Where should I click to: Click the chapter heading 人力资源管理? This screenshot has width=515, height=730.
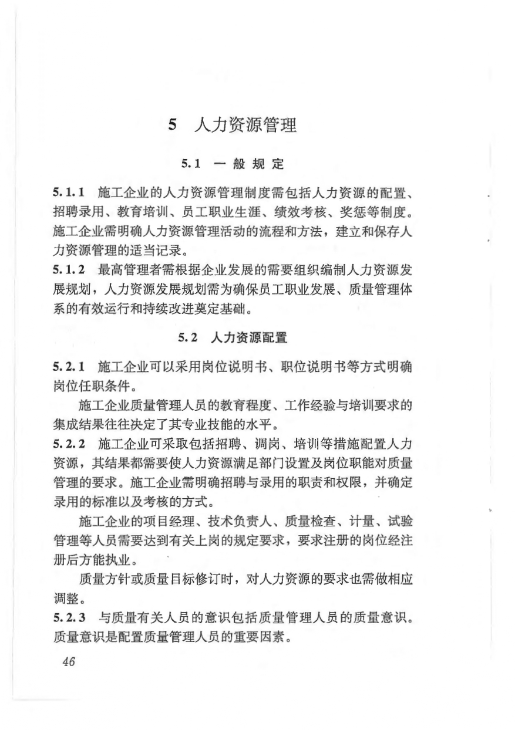[x=245, y=125]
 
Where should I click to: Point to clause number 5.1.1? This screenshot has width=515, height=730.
[x=69, y=192]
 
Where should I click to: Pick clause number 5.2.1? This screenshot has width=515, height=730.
[x=69, y=367]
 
